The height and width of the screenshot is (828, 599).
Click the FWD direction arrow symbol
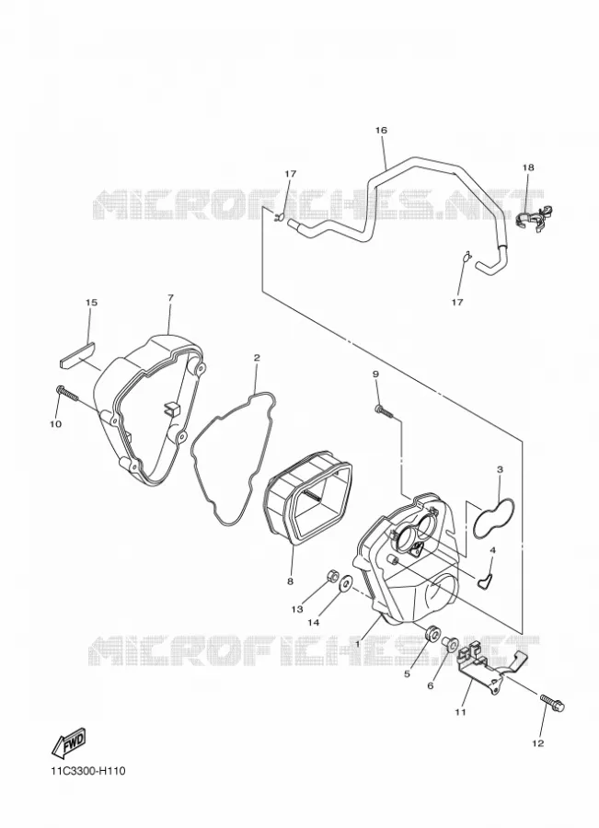click(x=68, y=743)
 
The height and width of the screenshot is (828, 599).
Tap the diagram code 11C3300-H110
click(x=88, y=772)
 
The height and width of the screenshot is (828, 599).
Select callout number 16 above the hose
click(x=381, y=130)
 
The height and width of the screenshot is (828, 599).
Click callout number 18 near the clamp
click(x=528, y=167)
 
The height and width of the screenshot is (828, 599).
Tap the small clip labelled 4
click(x=484, y=581)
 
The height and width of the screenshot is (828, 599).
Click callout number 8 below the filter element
click(x=290, y=581)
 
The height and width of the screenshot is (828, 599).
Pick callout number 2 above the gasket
click(x=257, y=358)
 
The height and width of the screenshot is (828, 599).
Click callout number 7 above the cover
click(x=170, y=298)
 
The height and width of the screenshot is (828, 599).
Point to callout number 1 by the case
click(x=358, y=644)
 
